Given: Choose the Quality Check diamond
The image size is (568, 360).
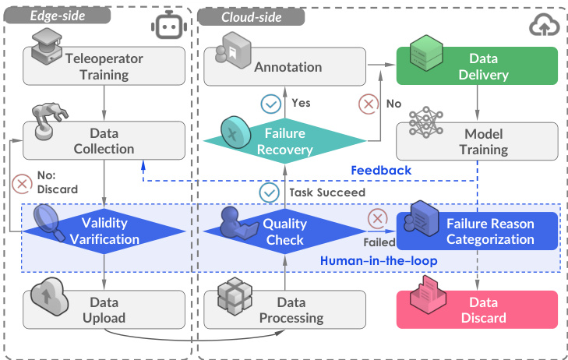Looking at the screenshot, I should tap(285, 231).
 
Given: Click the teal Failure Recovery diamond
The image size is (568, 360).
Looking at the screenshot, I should tap(285, 141).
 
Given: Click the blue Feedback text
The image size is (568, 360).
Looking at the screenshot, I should tap(381, 170).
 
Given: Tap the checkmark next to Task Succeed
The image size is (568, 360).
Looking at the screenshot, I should tap(270, 192).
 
